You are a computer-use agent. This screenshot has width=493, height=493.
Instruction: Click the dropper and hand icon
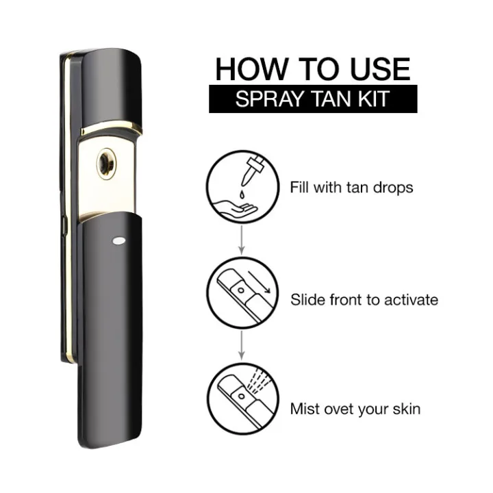[240, 188]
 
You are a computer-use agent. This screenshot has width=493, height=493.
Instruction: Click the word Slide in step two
[307, 299]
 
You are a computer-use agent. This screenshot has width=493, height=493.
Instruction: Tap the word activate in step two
[409, 299]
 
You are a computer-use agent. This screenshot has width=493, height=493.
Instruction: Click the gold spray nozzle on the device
[106, 165]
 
